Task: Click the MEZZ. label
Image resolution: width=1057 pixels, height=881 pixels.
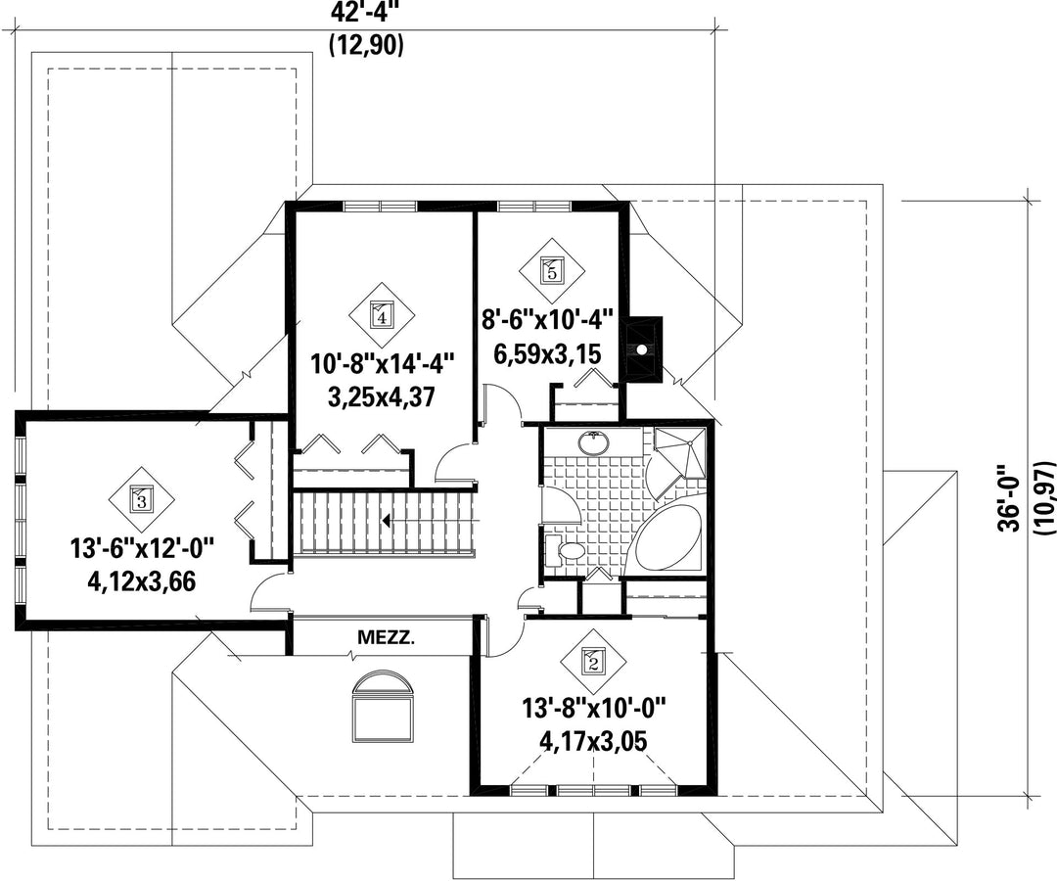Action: pos(386,637)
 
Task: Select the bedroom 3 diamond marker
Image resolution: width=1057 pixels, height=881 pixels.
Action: pos(142,499)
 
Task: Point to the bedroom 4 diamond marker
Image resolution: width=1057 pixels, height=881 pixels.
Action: pos(382,313)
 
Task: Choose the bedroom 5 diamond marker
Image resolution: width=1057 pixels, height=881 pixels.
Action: pos(551,269)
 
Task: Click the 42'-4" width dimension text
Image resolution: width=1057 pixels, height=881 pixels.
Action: pos(366,13)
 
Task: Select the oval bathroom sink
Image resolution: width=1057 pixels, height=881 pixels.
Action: pos(594,442)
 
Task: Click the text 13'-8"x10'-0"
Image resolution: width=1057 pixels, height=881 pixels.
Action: pos(594,708)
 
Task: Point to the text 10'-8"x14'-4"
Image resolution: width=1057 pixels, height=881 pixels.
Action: pos(382,365)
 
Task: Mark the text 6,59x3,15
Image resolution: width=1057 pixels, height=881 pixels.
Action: pos(547,353)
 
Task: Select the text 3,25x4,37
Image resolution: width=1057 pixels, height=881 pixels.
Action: pos(381,396)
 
